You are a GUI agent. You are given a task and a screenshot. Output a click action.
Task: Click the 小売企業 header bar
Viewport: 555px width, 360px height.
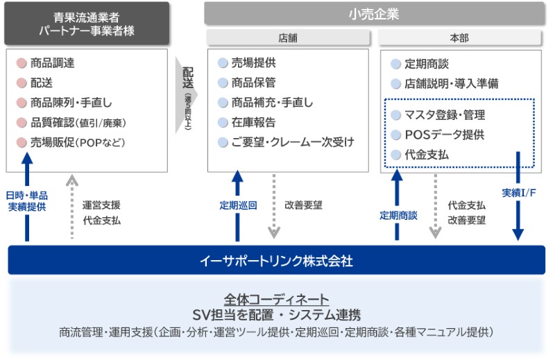(x=374, y=13)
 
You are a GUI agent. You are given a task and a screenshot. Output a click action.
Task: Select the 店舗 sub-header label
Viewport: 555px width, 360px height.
(x=287, y=38)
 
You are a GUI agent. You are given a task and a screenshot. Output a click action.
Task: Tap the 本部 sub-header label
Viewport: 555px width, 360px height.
(x=459, y=38)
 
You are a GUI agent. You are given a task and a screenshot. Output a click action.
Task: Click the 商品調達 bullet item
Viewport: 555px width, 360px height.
(x=52, y=63)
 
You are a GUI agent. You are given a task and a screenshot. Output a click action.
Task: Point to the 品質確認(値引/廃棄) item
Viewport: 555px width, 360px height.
(x=78, y=123)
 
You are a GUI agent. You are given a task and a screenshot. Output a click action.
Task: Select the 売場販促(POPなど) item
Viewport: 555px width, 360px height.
(x=76, y=143)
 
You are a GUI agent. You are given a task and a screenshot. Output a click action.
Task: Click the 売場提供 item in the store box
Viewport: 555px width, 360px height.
(x=253, y=63)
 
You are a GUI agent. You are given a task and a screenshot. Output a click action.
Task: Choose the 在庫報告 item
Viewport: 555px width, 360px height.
(x=253, y=123)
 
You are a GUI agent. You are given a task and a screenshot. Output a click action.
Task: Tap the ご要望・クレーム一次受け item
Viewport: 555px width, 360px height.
(x=292, y=143)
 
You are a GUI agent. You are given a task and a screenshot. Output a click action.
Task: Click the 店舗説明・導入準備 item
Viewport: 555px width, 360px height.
(x=452, y=84)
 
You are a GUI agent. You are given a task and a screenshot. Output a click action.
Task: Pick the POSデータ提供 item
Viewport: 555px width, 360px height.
(x=444, y=135)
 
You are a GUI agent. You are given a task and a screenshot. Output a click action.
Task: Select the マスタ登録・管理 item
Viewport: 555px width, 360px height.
(x=444, y=115)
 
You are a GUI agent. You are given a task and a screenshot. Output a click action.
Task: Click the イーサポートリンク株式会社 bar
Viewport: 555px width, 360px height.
(x=276, y=261)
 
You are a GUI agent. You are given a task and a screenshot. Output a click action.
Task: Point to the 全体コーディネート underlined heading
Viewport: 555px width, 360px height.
(x=276, y=299)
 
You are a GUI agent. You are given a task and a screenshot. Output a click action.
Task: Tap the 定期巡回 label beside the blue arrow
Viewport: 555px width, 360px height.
(x=238, y=205)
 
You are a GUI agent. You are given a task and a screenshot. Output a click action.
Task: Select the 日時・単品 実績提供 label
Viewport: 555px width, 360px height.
(x=27, y=200)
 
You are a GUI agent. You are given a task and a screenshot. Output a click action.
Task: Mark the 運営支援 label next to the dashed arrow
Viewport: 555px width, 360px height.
(x=101, y=205)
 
